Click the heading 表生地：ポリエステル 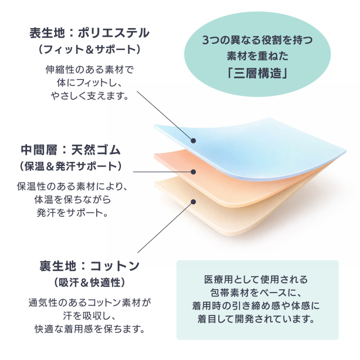pyautogui.click(x=89, y=33)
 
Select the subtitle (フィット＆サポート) pyautogui.click(x=89, y=49)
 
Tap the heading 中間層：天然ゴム pyautogui.click(x=71, y=150)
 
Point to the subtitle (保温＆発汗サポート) pyautogui.click(x=70, y=166)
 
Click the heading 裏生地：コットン pyautogui.click(x=89, y=266)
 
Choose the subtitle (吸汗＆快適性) pyautogui.click(x=89, y=282)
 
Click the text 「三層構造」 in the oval pyautogui.click(x=257, y=74)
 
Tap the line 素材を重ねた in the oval pyautogui.click(x=258, y=56)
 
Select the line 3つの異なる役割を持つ pyautogui.click(x=258, y=40)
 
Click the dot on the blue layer pyautogui.click(x=193, y=141)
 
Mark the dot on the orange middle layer pyautogui.click(x=193, y=172)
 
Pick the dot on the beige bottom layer pyautogui.click(x=193, y=202)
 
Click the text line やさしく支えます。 pyautogui.click(x=89, y=96)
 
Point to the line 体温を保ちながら pyautogui.click(x=73, y=200)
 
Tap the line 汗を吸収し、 pyautogui.click(x=89, y=316)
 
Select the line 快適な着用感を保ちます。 pyautogui.click(x=89, y=329)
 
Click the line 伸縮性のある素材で pyautogui.click(x=89, y=70)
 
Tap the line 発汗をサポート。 pyautogui.click(x=73, y=213)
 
